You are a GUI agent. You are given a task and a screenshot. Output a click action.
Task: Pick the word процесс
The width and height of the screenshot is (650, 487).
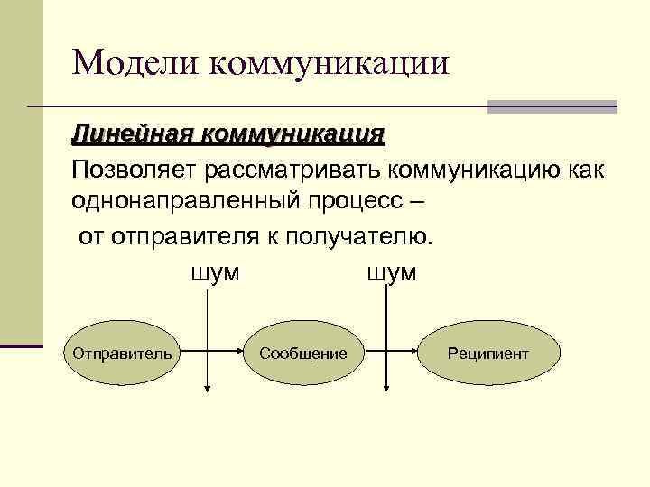[365, 202]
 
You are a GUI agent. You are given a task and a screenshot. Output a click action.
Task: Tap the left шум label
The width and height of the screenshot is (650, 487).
[215, 272]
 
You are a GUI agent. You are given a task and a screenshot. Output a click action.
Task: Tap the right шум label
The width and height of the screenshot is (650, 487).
[392, 272]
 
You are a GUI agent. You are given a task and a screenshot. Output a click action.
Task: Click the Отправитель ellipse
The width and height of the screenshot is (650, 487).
[122, 352]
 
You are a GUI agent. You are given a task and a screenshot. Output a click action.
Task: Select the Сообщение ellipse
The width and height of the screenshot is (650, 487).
[302, 352]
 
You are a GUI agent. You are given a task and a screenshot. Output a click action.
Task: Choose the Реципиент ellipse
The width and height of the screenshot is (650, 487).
[488, 352]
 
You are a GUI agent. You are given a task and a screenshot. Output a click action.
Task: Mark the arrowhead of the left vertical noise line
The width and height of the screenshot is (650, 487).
[209, 389]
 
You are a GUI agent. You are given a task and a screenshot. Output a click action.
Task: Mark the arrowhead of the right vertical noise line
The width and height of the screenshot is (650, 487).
[386, 389]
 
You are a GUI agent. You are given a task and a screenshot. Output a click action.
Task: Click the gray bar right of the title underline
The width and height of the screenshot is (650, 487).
[552, 106]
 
